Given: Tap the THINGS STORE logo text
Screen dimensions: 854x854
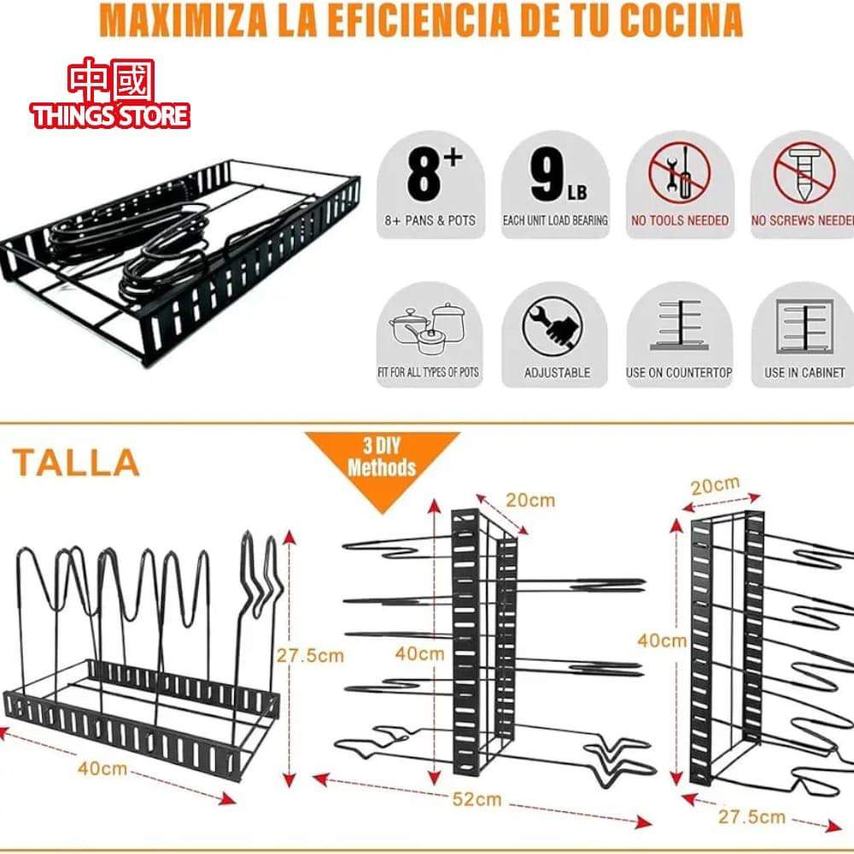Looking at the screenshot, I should pyautogui.click(x=111, y=115).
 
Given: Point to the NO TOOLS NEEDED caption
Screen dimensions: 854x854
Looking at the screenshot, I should pyautogui.click(x=680, y=220).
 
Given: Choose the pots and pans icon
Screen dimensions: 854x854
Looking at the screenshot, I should pyautogui.click(x=429, y=329).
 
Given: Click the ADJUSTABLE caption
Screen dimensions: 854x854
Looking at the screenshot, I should pyautogui.click(x=557, y=373).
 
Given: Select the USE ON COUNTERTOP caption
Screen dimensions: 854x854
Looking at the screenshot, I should pyautogui.click(x=679, y=373).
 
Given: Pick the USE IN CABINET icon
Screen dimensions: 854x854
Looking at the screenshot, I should pyautogui.click(x=804, y=328).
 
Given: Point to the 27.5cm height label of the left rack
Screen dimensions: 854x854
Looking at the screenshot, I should pyautogui.click(x=311, y=656).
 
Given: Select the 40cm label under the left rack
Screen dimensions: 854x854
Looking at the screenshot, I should pyautogui.click(x=102, y=768).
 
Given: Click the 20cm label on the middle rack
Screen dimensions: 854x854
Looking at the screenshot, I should pyautogui.click(x=529, y=500).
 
